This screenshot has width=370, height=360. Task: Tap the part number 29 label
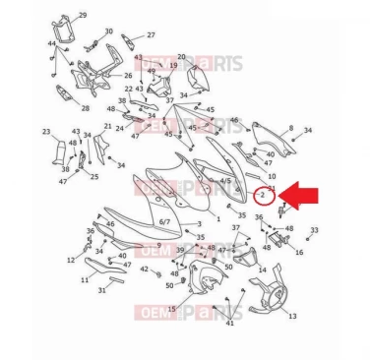click(82, 15)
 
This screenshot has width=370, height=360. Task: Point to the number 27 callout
click(151, 34)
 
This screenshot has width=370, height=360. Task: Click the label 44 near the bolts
click(50, 44)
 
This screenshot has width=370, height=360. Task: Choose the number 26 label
click(127, 75)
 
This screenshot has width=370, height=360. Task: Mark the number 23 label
click(46, 131)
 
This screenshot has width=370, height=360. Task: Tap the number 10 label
click(272, 175)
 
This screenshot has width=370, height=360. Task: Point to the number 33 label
click(314, 229)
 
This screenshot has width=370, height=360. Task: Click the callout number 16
click(299, 252)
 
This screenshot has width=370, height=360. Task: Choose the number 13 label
click(292, 317)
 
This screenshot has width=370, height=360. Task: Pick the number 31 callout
click(102, 290)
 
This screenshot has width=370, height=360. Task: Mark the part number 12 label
click(71, 261)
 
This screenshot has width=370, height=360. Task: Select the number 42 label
click(144, 269)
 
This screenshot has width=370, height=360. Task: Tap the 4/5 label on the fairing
click(225, 181)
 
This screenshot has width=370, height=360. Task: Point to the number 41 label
click(229, 322)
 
